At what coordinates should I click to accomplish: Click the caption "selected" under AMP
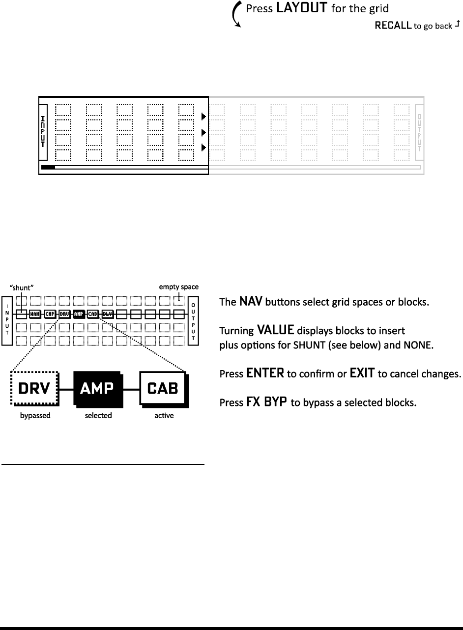[x=98, y=415]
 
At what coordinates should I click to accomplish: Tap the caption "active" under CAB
[x=164, y=415]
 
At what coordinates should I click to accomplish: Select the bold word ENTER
[x=265, y=373]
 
